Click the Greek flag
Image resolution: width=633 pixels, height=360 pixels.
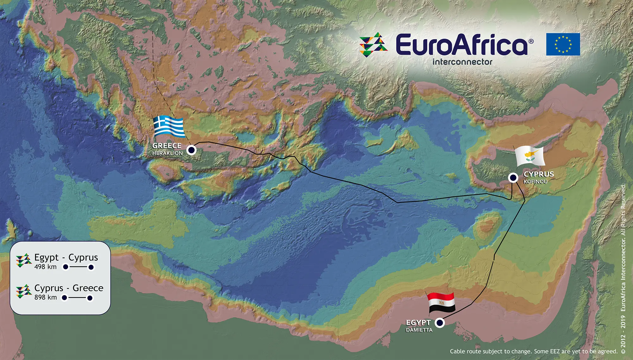pos(169,127)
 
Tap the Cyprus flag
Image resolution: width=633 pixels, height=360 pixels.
pos(530,156)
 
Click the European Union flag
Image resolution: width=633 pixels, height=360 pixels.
pos(563,44)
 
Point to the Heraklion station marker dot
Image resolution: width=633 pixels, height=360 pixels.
pos(191,150)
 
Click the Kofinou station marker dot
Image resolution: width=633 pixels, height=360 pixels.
pos(513,178)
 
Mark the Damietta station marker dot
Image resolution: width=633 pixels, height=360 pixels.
pos(440,323)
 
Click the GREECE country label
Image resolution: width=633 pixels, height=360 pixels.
pos(167,146)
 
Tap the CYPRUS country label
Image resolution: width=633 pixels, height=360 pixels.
pos(539,174)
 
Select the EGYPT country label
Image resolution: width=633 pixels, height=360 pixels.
pos(418,322)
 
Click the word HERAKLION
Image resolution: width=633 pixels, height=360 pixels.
pos(167,153)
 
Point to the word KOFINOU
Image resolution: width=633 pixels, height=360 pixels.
pos(535,182)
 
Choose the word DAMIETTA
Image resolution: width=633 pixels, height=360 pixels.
pos(419,330)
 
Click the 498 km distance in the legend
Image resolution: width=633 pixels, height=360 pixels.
pos(46,267)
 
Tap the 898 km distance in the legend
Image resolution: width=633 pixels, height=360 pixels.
pos(46,297)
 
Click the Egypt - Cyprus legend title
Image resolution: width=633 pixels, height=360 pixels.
pos(66,257)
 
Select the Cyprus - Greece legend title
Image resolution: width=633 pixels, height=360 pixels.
pos(69,288)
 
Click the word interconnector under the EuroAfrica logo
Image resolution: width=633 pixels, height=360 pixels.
pos(462,62)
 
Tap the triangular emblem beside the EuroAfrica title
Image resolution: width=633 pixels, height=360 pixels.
pos(373,45)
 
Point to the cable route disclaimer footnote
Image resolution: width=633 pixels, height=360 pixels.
pos(534,351)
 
